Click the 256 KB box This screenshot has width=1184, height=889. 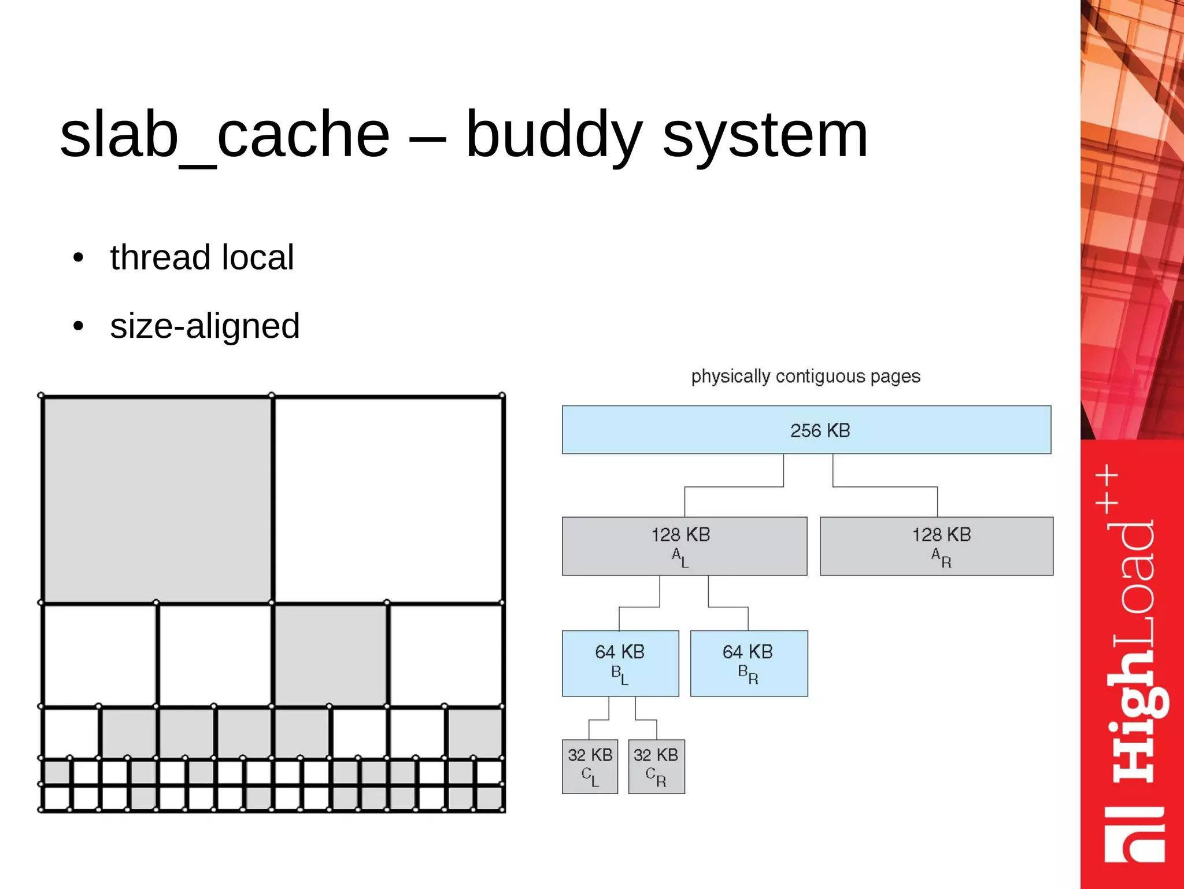coord(806,430)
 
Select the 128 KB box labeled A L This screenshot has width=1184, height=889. coord(684,546)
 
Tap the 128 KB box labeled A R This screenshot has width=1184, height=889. coord(937,546)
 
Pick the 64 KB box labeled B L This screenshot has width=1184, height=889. coord(620,663)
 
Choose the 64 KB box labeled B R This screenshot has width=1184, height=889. coord(749,663)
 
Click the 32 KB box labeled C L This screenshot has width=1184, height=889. coord(590,766)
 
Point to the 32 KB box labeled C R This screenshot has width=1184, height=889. coord(656,766)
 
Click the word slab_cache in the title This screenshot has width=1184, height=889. coord(225,135)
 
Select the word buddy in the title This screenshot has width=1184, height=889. coord(554,135)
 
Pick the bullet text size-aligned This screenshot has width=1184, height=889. coord(205,326)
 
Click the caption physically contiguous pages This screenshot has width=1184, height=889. coord(805,377)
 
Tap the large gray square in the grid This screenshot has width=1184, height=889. coord(157,499)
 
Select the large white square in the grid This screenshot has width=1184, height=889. coord(388,499)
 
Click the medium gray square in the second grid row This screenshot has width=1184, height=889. coord(330,655)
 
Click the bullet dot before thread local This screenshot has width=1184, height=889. coord(79,257)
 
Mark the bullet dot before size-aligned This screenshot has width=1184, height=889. coord(79,326)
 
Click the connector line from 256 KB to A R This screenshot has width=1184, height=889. coord(885,486)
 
